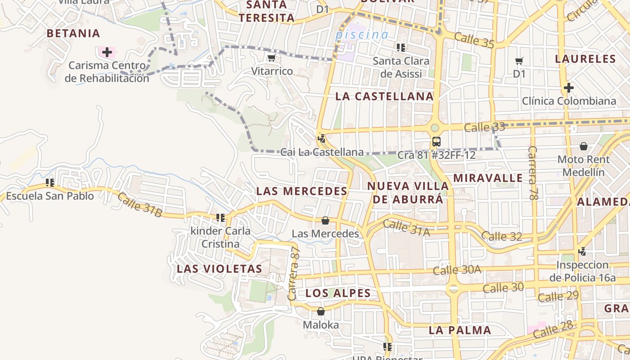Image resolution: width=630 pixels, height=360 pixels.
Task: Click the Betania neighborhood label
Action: coord(73,33)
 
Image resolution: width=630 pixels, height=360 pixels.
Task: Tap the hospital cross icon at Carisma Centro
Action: coord(107,52)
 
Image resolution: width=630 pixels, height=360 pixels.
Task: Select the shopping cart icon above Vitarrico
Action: coord(271,58)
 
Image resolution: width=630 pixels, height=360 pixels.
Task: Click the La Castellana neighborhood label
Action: coord(384,96)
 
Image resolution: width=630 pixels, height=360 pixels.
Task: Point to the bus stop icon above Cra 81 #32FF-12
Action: coord(436,142)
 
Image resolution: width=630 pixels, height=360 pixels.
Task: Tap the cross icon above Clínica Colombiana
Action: coord(569,88)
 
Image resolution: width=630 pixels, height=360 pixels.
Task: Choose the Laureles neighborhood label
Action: coord(585,59)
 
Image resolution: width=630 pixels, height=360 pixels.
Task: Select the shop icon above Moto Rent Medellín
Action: coord(584,146)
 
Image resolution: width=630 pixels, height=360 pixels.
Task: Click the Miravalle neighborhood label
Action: coord(488,178)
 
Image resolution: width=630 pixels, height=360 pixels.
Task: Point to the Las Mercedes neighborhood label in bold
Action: coord(301,191)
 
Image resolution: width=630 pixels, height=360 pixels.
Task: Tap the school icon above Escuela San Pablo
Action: coord(50,183)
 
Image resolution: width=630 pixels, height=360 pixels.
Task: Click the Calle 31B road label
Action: coord(139,205)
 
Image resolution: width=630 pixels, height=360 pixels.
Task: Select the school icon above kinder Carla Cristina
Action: coord(220,218)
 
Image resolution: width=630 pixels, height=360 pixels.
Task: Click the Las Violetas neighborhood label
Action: coord(219,269)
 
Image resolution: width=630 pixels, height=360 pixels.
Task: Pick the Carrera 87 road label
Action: coord(293,274)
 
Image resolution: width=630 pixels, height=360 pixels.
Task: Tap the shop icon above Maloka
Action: coord(321,311)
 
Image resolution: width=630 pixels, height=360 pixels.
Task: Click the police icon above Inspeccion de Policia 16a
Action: coord(582,252)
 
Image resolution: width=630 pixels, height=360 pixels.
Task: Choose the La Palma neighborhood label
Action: coord(459,330)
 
